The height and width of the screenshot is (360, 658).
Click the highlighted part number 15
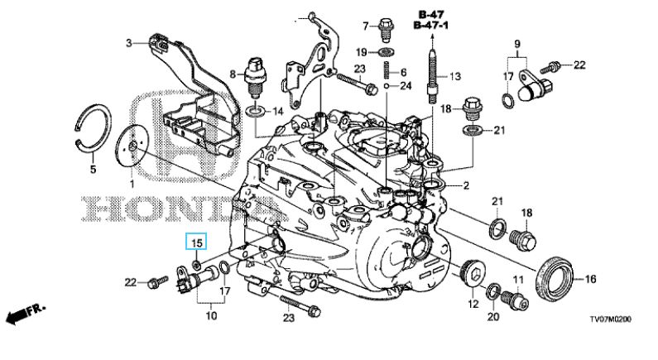coord(198,242)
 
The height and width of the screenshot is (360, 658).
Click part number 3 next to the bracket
coord(129,42)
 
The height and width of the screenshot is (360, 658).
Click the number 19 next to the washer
coord(361,53)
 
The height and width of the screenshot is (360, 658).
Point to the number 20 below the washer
coord(494,316)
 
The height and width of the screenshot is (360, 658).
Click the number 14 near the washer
coord(277,111)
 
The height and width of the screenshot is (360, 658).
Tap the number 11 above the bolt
coord(518,280)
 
